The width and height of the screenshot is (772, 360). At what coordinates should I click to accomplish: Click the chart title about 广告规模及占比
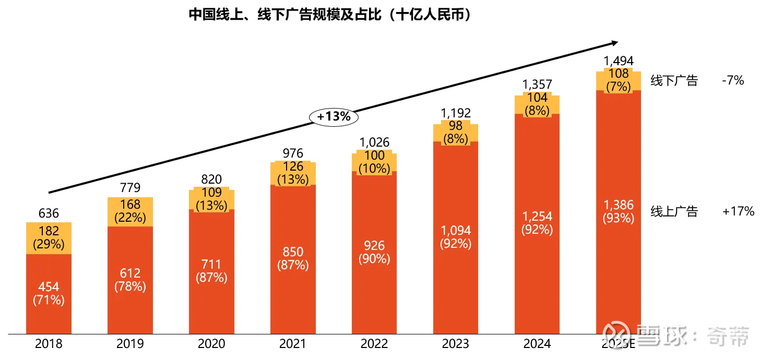[x=330, y=15]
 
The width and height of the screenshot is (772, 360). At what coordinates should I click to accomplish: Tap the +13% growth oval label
[x=334, y=117]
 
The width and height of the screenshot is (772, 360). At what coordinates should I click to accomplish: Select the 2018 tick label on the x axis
[x=49, y=344]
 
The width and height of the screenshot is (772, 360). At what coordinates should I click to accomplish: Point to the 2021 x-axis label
[x=293, y=344]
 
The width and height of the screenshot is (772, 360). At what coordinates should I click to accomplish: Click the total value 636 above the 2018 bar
[x=49, y=213]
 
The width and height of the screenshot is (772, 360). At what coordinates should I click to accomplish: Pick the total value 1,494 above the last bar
[x=619, y=61]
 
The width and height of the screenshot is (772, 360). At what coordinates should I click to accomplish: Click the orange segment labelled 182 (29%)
[x=49, y=237]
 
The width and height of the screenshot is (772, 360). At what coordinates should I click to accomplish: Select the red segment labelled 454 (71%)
[x=49, y=293]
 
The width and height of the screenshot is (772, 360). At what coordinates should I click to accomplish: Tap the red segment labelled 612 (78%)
[x=130, y=280]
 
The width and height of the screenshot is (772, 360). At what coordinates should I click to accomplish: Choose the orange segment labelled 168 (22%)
[x=130, y=211]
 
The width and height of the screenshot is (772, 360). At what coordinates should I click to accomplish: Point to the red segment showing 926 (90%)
[x=374, y=252]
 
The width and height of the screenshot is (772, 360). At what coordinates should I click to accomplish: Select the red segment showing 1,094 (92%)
[x=456, y=237]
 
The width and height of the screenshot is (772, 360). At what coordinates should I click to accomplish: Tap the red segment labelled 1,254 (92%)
[x=537, y=223]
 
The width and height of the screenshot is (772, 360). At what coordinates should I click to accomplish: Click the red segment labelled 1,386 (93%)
[x=619, y=211]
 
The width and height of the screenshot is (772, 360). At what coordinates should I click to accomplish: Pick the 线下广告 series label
[x=674, y=81]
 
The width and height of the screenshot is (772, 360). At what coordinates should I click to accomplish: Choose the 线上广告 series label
[x=674, y=211]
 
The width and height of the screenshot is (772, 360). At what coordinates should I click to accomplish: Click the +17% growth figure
[x=739, y=211]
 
